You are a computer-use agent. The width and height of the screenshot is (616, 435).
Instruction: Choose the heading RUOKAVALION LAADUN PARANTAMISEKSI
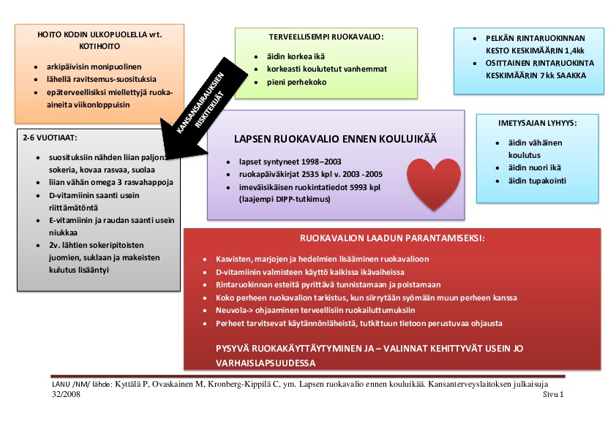[392, 238]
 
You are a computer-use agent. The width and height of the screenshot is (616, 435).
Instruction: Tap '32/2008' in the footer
[67, 394]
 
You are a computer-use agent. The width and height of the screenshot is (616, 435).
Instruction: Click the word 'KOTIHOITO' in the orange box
[99, 48]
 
